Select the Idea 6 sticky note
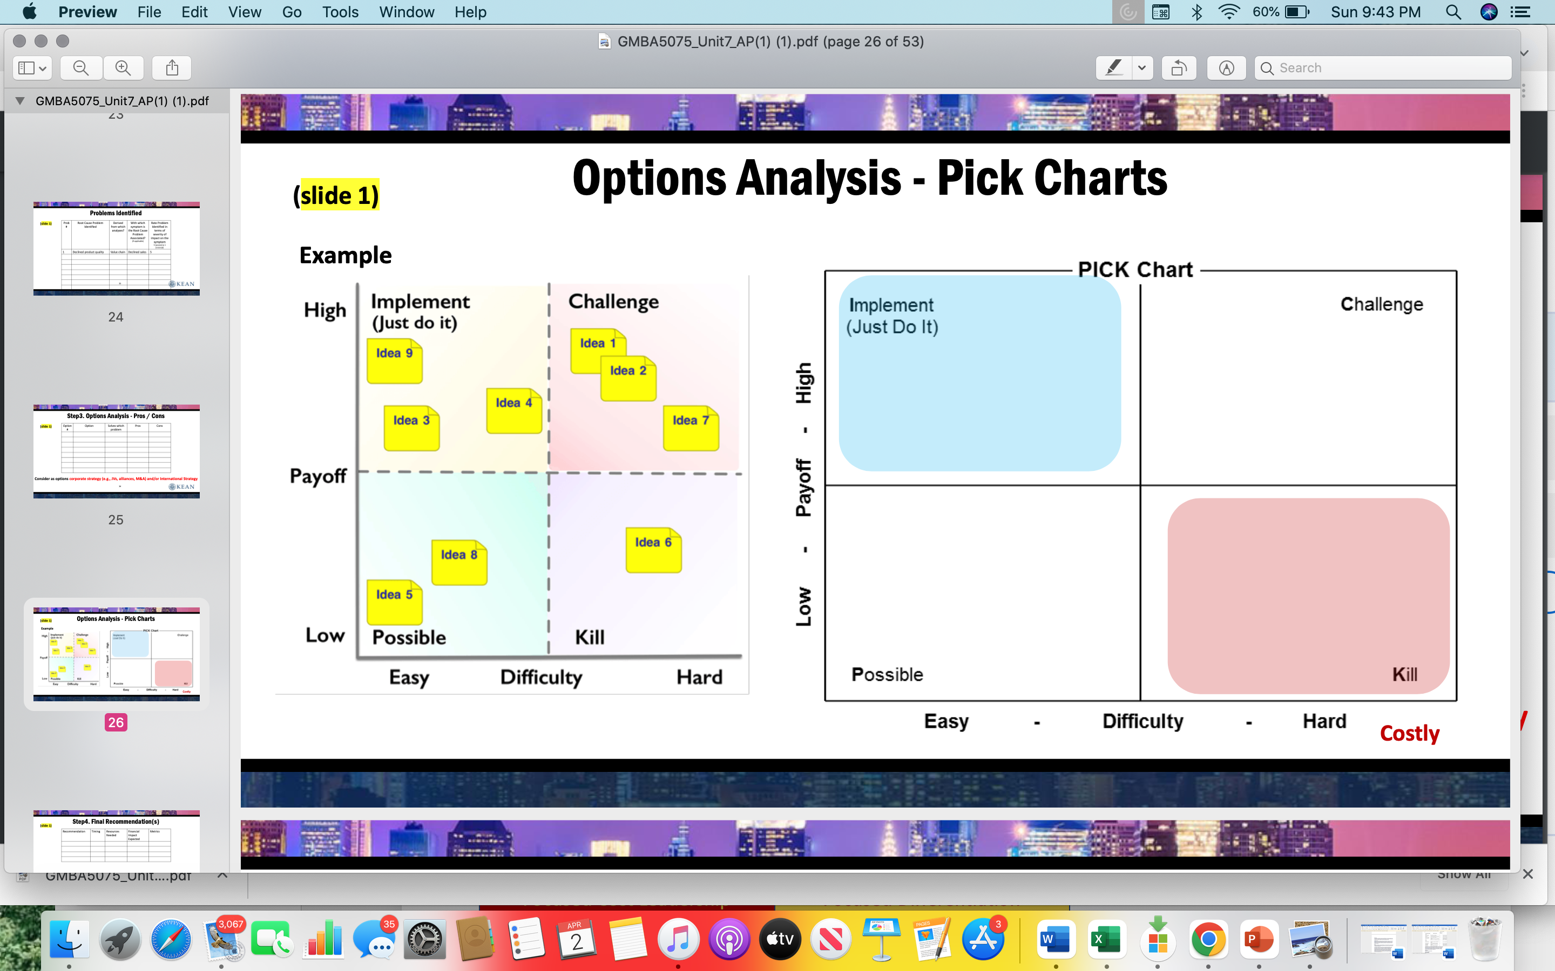(653, 550)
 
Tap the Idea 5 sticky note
(394, 601)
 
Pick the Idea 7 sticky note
(691, 428)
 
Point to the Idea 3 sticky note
(411, 428)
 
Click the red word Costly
(1409, 733)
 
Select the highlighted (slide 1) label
(336, 195)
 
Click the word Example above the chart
(345, 256)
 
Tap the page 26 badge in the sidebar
(116, 722)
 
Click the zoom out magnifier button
(81, 68)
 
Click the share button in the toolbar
(172, 68)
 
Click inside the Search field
(1388, 68)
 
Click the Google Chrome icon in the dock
(1208, 940)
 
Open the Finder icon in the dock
(69, 940)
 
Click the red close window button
(19, 41)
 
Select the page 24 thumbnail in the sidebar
(116, 249)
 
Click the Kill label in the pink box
(1405, 674)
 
